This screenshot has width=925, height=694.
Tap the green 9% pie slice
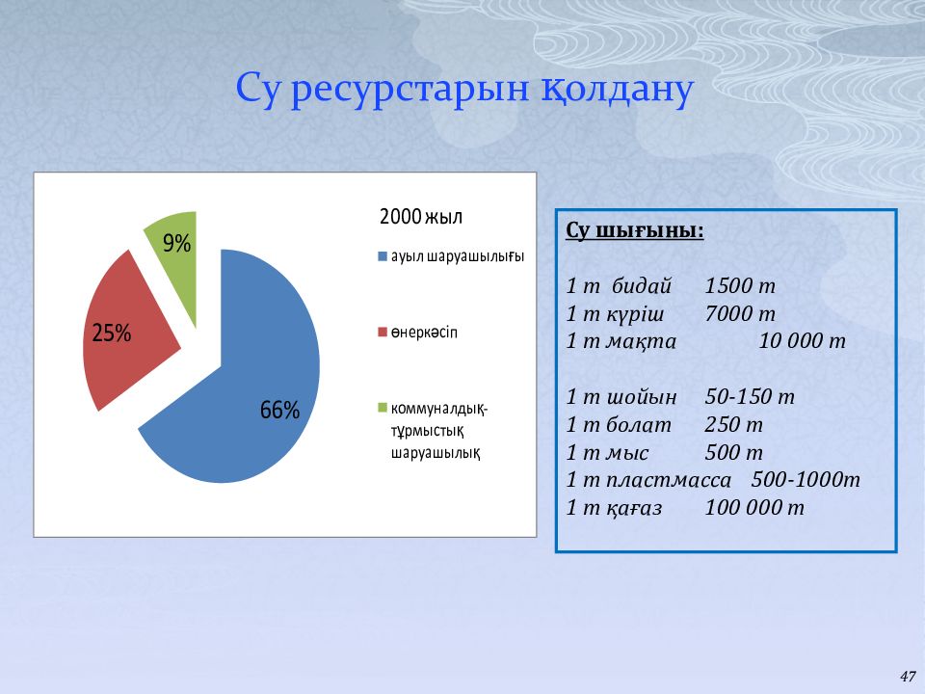(175, 254)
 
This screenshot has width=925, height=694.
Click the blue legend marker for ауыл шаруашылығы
(383, 256)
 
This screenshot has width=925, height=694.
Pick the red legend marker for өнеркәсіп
(383, 333)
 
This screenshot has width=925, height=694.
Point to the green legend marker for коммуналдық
(383, 408)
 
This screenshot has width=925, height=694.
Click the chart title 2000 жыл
(421, 217)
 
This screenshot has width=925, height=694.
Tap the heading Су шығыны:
(635, 230)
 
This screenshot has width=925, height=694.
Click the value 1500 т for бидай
(740, 286)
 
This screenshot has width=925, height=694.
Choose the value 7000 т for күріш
(740, 314)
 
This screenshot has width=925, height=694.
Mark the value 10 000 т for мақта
(802, 341)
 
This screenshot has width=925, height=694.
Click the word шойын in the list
(642, 397)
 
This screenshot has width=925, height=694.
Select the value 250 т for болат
(733, 425)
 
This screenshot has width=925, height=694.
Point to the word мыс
(627, 453)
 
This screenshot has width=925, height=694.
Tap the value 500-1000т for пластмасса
(806, 480)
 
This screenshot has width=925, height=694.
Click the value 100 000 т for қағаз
(754, 508)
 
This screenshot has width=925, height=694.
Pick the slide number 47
(908, 677)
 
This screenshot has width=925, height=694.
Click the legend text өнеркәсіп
(424, 333)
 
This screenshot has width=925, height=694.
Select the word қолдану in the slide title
(617, 90)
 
